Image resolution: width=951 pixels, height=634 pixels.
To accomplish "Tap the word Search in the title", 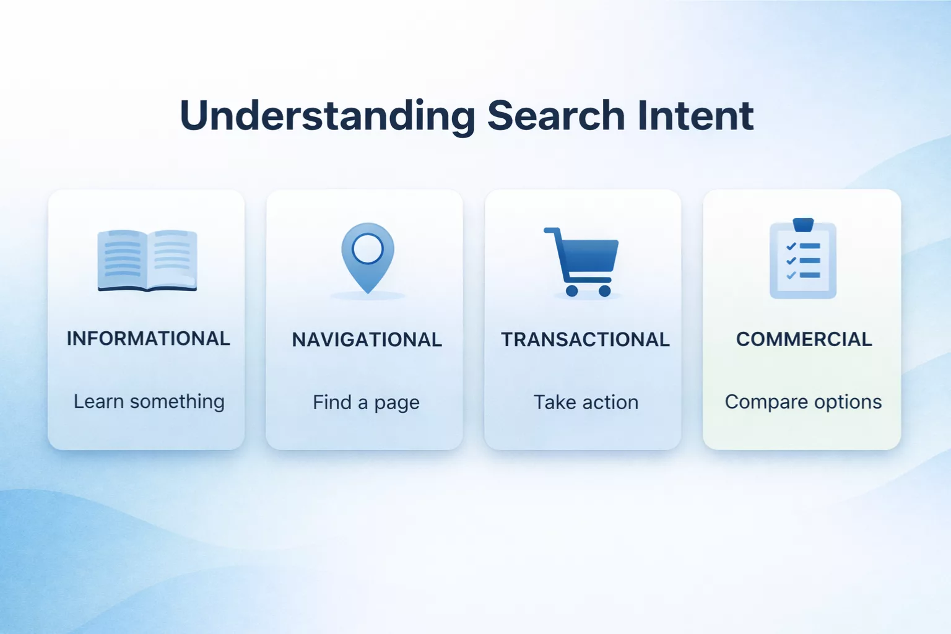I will coord(556,116).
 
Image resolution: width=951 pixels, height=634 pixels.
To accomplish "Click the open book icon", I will coord(147,260).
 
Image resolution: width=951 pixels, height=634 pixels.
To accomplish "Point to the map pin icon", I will coord(368,258).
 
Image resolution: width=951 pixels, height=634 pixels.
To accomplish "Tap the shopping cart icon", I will coord(582,263).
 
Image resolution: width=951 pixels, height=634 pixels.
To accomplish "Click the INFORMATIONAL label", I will coord(148,339).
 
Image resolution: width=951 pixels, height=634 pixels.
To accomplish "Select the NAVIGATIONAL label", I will coord(367,340).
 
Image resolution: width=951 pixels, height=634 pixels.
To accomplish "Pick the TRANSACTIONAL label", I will coord(585,340).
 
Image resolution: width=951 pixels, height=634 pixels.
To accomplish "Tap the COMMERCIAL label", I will coord(804,339).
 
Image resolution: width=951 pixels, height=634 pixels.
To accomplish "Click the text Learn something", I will coord(149,402).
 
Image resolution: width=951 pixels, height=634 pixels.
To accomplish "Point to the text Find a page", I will coord(366,403).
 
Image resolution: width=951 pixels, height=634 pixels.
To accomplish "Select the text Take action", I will coord(586,402).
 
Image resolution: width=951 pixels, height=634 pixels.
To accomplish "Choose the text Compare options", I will coord(803,402).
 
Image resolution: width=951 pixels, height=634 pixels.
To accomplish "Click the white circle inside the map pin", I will coord(368,249).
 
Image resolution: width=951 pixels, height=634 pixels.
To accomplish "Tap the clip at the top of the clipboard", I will coord(803,224).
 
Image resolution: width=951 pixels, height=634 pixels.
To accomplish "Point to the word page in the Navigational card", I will coord(397,404).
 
